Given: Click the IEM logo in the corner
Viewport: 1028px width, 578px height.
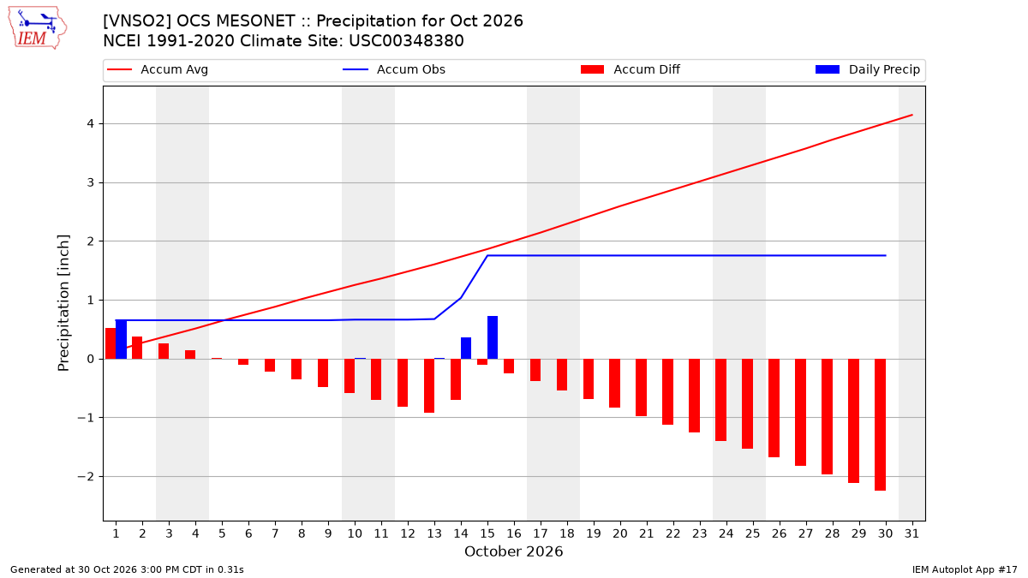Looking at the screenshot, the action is (x=38, y=28).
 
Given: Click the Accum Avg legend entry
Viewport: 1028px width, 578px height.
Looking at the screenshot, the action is (x=158, y=69).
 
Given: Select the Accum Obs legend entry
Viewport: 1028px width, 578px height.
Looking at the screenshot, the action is (x=394, y=69).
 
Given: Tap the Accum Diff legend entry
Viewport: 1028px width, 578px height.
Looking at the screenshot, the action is (x=631, y=69).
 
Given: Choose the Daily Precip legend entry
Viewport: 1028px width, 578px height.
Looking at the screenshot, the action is (x=867, y=69).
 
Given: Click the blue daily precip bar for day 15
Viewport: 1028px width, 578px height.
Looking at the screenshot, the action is (x=493, y=337).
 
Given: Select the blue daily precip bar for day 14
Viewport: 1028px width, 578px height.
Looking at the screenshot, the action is (x=466, y=349).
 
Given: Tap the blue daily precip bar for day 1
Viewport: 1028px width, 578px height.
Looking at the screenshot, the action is (x=121, y=339).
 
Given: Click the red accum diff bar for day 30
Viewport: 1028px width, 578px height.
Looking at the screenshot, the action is (x=881, y=425).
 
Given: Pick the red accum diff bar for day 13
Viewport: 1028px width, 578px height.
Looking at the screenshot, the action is (x=429, y=386).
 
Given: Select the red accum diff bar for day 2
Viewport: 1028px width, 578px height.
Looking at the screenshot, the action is (x=137, y=348).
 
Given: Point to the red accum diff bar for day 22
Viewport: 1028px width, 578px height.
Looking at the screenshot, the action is (x=667, y=392).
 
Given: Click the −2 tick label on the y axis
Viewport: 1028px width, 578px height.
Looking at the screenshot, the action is (x=86, y=477).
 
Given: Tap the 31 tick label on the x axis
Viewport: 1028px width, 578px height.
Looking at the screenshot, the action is (x=911, y=533).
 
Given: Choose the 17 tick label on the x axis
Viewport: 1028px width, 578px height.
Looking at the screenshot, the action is (x=541, y=533).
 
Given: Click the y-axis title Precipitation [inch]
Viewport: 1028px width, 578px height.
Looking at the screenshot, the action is (x=63, y=303).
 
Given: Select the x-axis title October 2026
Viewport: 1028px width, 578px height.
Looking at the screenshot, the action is (x=513, y=551).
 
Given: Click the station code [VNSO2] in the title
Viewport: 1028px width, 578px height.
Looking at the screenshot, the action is (x=137, y=21).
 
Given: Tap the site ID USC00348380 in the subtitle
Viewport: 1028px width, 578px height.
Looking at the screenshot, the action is (x=407, y=41).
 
